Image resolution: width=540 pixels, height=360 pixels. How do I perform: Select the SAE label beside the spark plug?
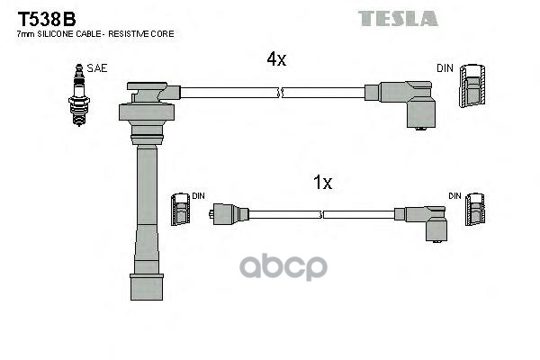(96, 68)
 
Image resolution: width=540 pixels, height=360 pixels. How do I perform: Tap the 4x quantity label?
(276, 59)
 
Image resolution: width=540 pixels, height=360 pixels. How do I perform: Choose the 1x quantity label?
(322, 184)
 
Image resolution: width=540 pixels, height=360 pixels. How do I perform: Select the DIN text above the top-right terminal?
(445, 68)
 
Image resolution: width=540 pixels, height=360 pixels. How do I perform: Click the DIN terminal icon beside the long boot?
(180, 214)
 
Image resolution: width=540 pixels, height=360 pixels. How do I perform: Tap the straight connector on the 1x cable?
(227, 214)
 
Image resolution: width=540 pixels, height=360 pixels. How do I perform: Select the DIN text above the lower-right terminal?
(454, 195)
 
